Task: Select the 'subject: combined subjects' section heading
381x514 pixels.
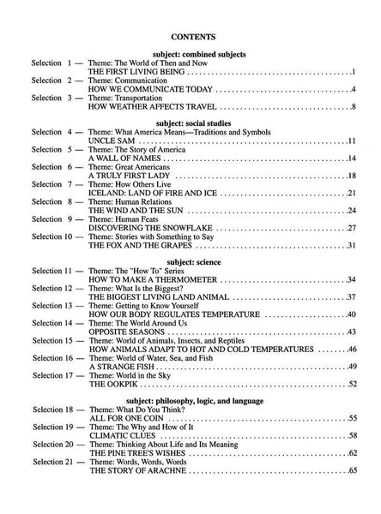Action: point(191,54)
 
